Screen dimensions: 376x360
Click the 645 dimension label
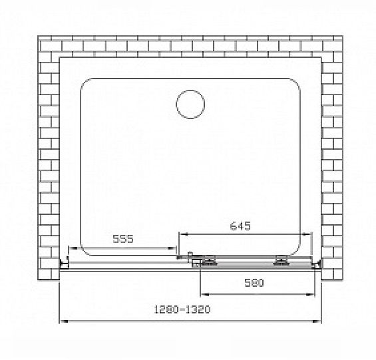click(240, 226)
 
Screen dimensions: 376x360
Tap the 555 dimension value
click(123, 239)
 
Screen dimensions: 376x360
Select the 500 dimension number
click(254, 283)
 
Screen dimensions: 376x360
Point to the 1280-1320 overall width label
click(182, 309)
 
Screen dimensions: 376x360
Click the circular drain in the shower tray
click(190, 104)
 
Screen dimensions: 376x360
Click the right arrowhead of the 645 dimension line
click(307, 234)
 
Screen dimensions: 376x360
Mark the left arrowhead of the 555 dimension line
click(73, 248)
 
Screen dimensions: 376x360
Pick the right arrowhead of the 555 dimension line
click(172, 248)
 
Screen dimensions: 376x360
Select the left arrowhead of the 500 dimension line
click(204, 294)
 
